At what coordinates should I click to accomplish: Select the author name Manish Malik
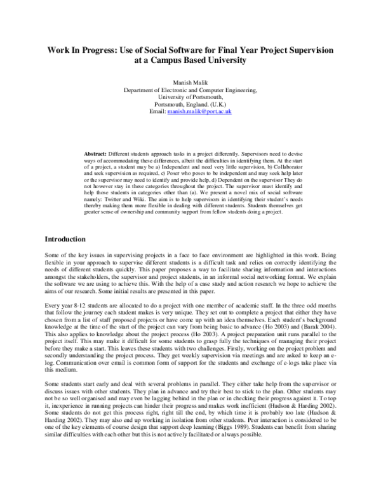(x=190, y=83)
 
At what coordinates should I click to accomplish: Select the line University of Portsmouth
(x=190, y=97)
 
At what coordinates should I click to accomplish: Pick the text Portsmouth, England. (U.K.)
(x=190, y=104)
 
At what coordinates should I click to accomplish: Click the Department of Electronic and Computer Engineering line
(x=190, y=90)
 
